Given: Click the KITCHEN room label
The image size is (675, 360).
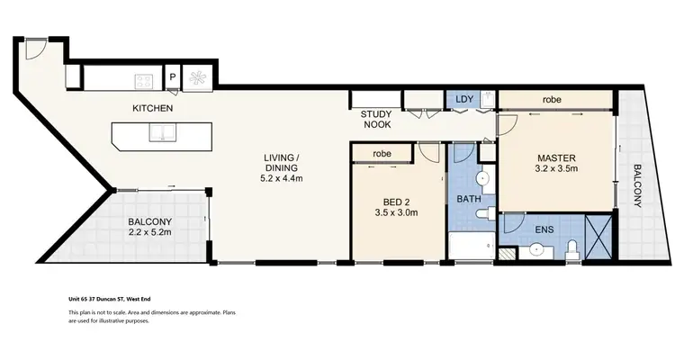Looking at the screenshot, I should click(x=152, y=108).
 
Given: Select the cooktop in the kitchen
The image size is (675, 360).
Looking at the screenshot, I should click(x=144, y=81).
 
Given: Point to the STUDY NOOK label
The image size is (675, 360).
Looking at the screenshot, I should click(x=375, y=120).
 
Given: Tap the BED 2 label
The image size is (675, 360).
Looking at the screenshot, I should click(x=393, y=201).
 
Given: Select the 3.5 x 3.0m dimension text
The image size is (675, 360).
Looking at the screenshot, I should click(x=393, y=214).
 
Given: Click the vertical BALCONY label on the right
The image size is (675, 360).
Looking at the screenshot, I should click(x=637, y=185).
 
